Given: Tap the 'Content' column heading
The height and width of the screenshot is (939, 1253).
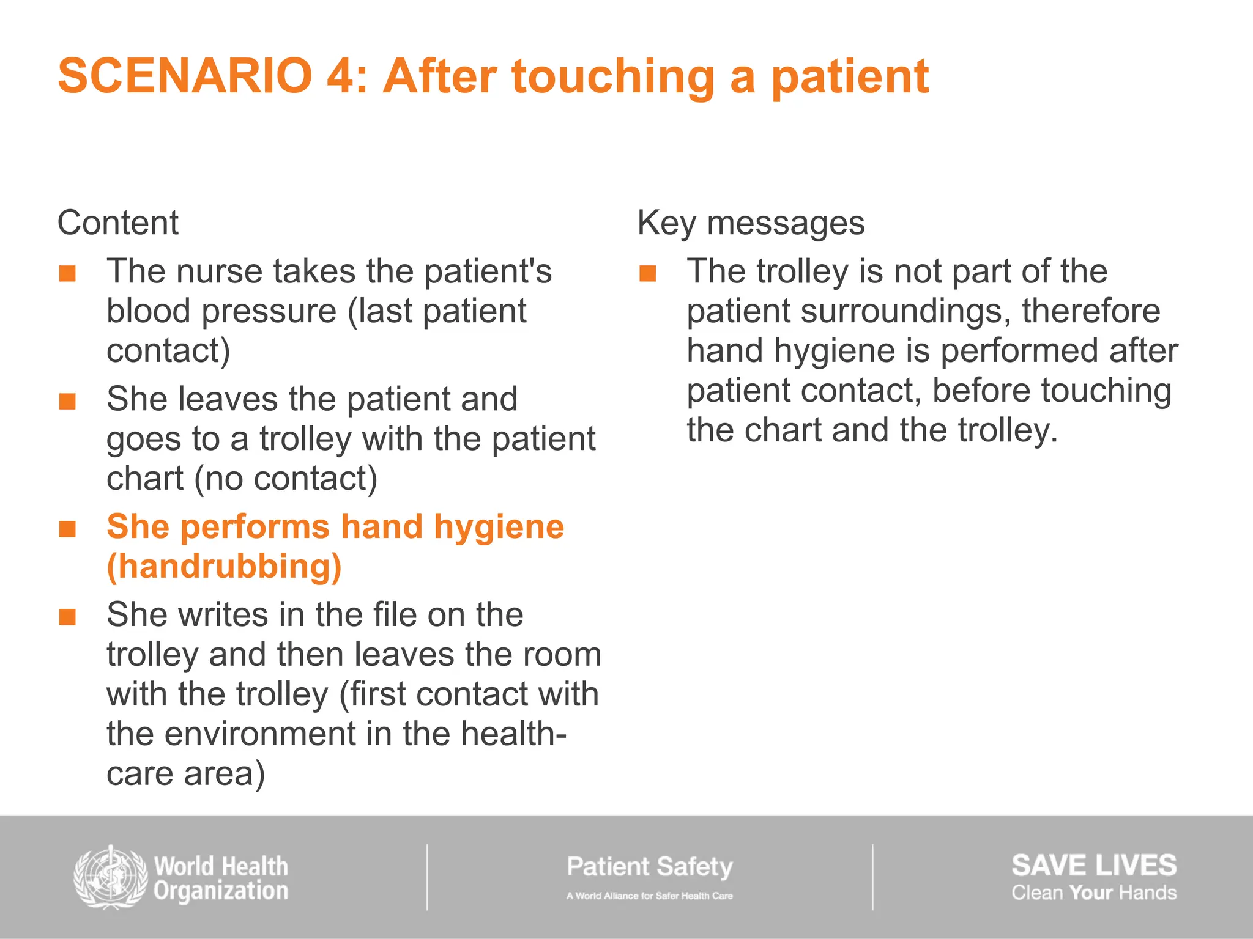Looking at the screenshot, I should [x=117, y=223].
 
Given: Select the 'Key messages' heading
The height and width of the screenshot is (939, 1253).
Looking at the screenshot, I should [x=751, y=223].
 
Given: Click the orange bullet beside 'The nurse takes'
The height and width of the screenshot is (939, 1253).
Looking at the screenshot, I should [x=67, y=273].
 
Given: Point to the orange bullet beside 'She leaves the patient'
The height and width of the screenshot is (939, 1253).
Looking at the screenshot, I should [x=67, y=402].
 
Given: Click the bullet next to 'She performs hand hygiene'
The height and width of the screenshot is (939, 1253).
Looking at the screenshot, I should [x=67, y=529].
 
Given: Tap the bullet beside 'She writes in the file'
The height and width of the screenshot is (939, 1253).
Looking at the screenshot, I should [x=67, y=617].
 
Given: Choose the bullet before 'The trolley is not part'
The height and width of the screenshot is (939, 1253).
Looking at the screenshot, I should [x=647, y=273].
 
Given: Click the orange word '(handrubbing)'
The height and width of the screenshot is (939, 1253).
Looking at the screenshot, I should [x=224, y=567].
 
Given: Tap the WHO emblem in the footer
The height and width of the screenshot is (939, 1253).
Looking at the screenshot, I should [x=111, y=877].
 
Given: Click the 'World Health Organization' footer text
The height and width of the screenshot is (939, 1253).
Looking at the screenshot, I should [x=221, y=878].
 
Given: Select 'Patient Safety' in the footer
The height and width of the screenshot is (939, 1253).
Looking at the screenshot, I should [x=649, y=867].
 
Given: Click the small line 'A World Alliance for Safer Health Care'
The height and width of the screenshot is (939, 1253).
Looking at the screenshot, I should [x=649, y=896].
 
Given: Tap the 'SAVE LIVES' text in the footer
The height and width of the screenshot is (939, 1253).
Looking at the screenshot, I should [x=1093, y=866].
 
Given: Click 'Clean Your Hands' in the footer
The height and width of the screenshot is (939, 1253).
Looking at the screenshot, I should [x=1093, y=893].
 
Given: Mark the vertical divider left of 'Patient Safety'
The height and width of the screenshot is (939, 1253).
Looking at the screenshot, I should [x=427, y=877].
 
